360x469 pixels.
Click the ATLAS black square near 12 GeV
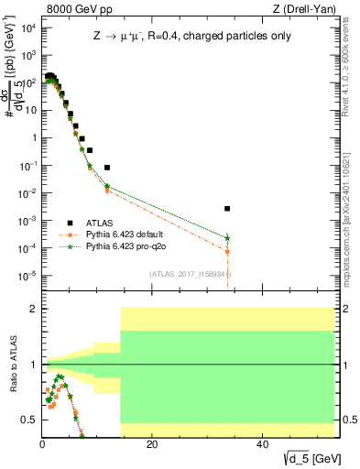pos(107,168)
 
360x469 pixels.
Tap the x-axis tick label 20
pos(152,444)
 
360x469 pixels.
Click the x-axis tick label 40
pos(262,444)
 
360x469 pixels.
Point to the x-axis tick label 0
pos(42,444)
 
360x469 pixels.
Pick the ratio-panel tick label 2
pos(34,310)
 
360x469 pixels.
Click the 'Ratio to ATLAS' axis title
pos(12,365)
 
